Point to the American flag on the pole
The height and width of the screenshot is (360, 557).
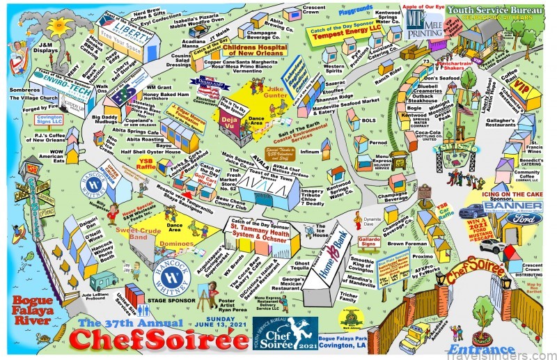(x=464, y=109)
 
